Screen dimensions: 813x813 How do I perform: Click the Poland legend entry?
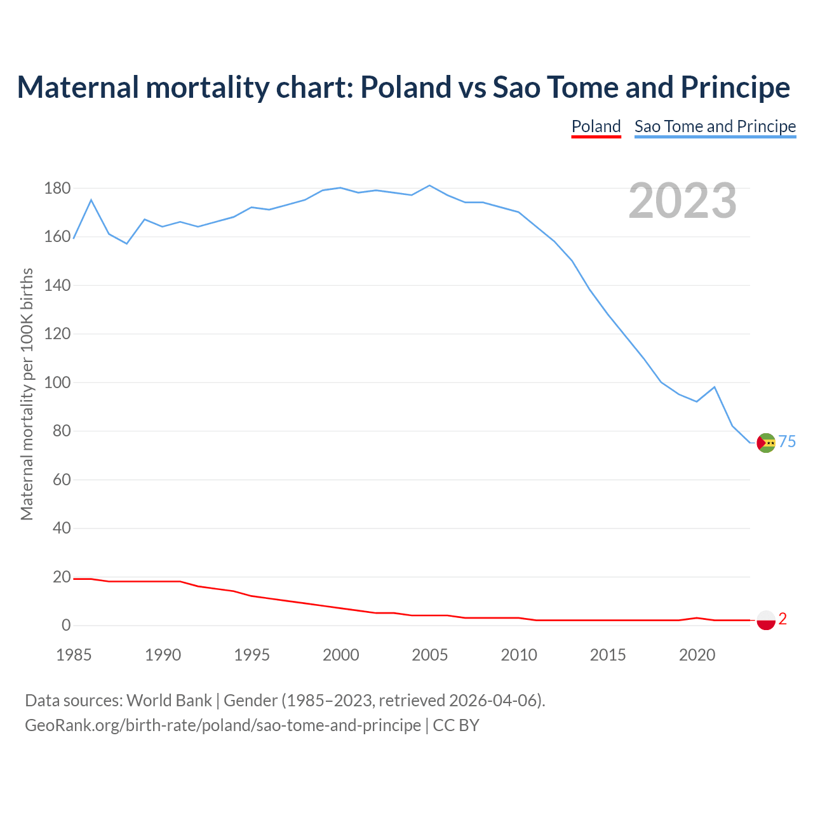pos(596,126)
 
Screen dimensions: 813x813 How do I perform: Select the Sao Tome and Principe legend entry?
pos(715,126)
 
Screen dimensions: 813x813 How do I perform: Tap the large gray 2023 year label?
pos(682,200)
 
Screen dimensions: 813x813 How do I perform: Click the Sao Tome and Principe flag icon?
pos(767,443)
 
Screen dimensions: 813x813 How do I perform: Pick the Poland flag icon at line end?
pos(767,620)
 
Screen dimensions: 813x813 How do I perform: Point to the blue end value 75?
pos(788,441)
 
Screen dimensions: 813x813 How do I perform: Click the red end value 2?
pos(783,619)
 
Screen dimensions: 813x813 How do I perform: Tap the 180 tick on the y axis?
pos(57,189)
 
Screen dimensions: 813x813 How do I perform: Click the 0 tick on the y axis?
pos(66,626)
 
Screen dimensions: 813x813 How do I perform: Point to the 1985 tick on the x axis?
pos(74,655)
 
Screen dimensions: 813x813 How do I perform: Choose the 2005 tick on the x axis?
pos(430,655)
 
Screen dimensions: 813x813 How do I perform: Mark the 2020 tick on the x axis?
pos(697,655)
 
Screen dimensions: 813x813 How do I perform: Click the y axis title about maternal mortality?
pos(27,394)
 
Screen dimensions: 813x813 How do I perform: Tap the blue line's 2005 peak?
pos(430,185)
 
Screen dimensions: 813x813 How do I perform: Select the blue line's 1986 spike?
pos(91,200)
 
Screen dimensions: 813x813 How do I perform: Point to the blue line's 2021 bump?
pos(715,387)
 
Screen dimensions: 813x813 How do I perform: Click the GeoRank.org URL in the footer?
pos(223,725)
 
